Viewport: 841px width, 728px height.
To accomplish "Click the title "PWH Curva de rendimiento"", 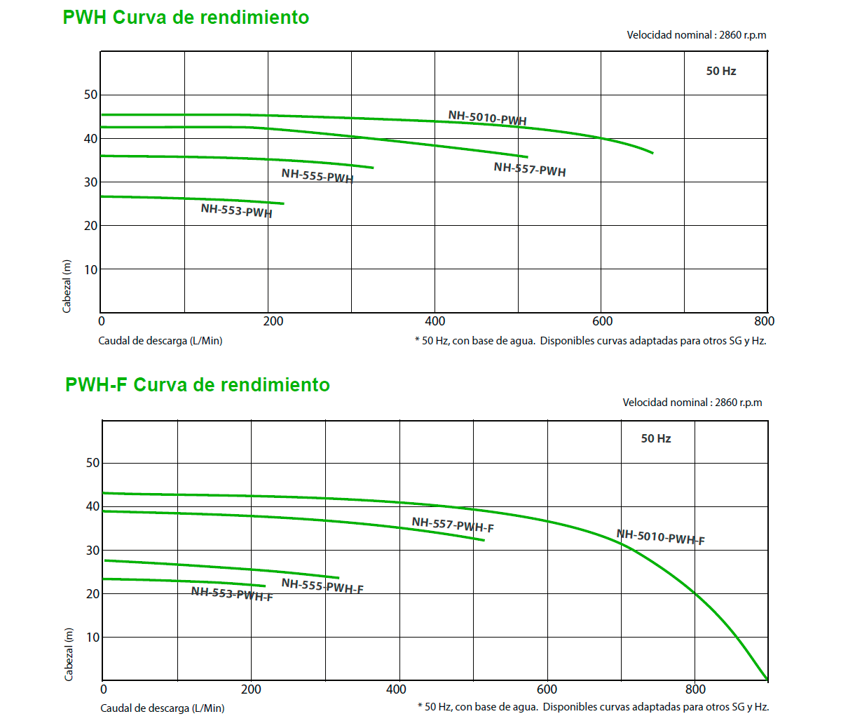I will click(186, 18).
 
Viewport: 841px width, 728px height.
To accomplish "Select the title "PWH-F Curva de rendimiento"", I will click(197, 385).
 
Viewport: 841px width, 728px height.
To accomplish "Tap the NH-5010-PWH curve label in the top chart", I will click(487, 118).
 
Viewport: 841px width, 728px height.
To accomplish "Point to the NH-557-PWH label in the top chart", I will click(529, 169).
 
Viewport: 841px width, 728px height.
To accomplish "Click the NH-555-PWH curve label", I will click(317, 175).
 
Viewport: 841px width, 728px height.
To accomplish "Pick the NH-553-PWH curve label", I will click(236, 210).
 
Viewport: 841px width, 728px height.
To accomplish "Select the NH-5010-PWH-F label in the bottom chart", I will click(660, 537).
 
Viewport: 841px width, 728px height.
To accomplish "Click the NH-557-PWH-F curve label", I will click(453, 525).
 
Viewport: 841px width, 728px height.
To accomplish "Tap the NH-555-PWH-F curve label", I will click(322, 586).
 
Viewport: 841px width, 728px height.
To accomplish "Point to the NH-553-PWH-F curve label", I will click(232, 594).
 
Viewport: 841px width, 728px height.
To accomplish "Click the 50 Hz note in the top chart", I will click(720, 72).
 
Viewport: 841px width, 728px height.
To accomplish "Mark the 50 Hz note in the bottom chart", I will click(655, 439).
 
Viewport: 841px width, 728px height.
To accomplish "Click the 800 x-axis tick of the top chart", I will click(764, 321).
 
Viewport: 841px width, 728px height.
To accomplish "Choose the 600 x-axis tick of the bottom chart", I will click(547, 689).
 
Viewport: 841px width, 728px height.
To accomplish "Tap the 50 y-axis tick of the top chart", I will click(90, 95).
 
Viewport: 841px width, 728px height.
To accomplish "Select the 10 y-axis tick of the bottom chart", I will click(93, 638).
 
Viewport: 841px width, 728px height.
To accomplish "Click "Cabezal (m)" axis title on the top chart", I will click(67, 286).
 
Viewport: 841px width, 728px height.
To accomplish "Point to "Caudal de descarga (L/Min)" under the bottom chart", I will click(163, 708).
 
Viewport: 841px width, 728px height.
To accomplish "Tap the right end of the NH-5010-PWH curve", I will click(652, 152).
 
